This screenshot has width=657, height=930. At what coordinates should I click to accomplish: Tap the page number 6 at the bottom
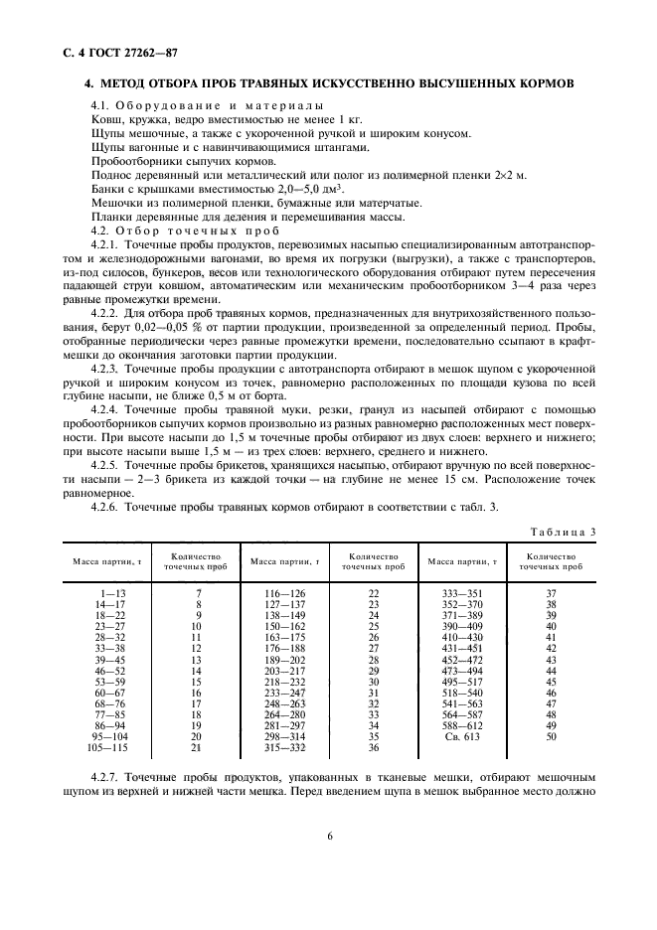pyautogui.click(x=329, y=835)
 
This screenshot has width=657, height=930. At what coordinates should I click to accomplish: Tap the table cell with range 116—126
pyautogui.click(x=284, y=592)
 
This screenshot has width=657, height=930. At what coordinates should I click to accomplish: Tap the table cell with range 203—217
pyautogui.click(x=284, y=671)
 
